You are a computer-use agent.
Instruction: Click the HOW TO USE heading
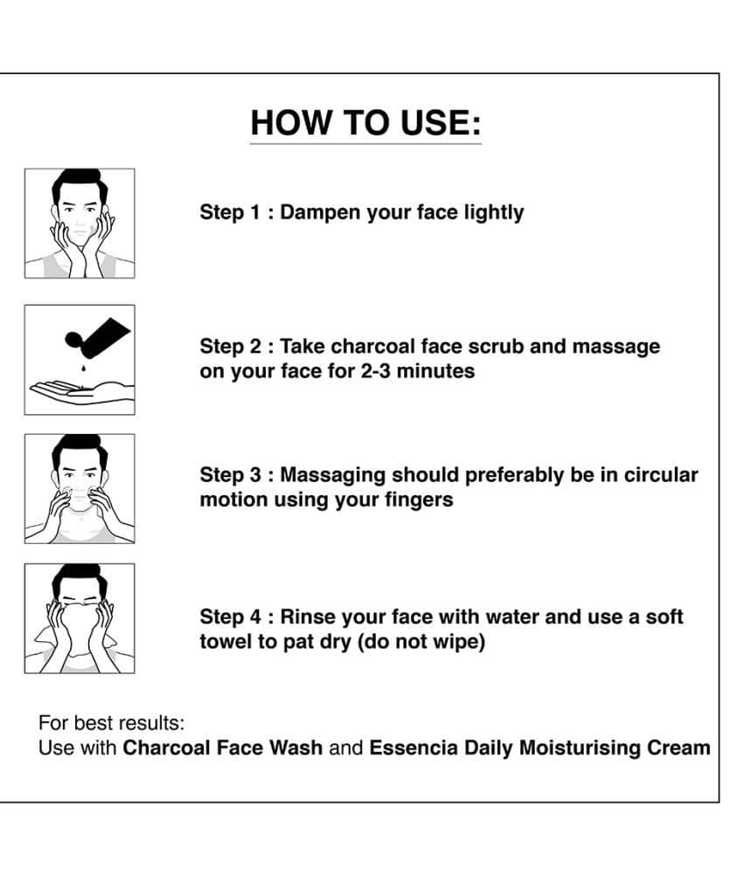(365, 122)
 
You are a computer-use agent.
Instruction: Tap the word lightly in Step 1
(494, 213)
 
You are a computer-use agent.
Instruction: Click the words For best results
(112, 723)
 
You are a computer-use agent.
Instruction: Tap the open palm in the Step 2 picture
(82, 392)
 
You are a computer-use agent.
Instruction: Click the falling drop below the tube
(83, 367)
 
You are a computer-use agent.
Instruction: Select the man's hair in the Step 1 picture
(80, 183)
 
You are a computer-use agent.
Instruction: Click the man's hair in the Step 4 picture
(80, 578)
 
